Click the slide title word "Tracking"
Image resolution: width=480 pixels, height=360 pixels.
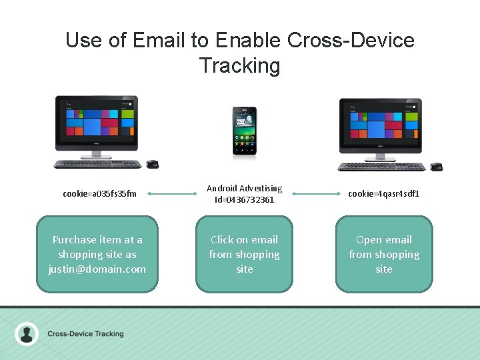pos(239,65)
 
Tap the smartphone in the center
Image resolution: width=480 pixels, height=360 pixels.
pos(244,132)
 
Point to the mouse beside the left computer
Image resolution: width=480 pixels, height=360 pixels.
pos(153,164)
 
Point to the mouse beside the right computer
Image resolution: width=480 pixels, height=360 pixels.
pos(436,166)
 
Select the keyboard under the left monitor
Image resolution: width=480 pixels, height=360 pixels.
pos(97,164)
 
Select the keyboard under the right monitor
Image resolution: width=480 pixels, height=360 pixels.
pos(381,167)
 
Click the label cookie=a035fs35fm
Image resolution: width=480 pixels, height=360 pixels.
pos(99,194)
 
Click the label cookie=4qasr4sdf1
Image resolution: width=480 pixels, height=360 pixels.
pos(383,194)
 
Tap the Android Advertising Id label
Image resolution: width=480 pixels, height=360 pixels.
pos(244,194)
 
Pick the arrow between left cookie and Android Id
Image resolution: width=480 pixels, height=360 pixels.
pos(171,194)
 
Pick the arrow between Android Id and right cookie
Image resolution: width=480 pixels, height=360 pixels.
pos(316,194)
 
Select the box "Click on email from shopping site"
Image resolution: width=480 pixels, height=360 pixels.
pos(244,254)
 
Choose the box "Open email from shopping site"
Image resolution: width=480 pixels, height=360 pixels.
pos(383,254)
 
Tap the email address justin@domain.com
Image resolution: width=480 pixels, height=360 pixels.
pos(97,269)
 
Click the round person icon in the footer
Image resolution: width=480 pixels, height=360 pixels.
pos(27,333)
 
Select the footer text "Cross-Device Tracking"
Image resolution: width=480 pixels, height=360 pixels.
pos(85,333)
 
